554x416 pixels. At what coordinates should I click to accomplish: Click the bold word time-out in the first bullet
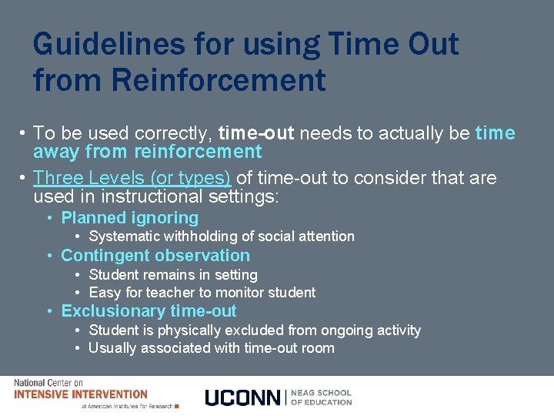point(256,134)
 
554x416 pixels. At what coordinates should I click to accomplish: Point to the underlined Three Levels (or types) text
point(132,178)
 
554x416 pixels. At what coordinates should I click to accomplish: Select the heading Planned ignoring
point(129,218)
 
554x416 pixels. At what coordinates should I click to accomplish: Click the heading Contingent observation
point(155,256)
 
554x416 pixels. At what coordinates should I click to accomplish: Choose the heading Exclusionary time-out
point(149,311)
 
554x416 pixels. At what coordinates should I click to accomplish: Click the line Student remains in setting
point(173,275)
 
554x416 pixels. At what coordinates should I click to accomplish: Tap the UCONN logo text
point(243,398)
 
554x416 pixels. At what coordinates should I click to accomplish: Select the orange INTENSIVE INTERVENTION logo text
point(81,394)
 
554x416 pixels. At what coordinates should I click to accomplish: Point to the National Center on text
point(48,383)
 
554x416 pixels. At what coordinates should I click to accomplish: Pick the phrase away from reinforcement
point(148,152)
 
